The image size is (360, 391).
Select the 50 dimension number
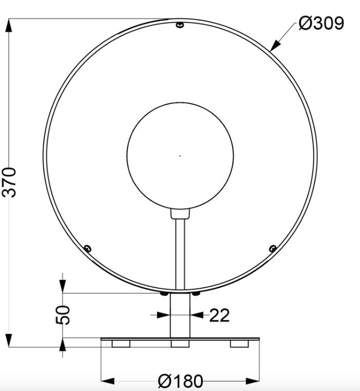(63, 314)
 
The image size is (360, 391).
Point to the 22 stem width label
(219, 316)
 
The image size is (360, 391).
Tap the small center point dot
(180, 155)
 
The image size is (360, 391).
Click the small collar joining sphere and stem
(180, 213)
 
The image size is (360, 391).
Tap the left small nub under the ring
(163, 294)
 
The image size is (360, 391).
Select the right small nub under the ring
(196, 294)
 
